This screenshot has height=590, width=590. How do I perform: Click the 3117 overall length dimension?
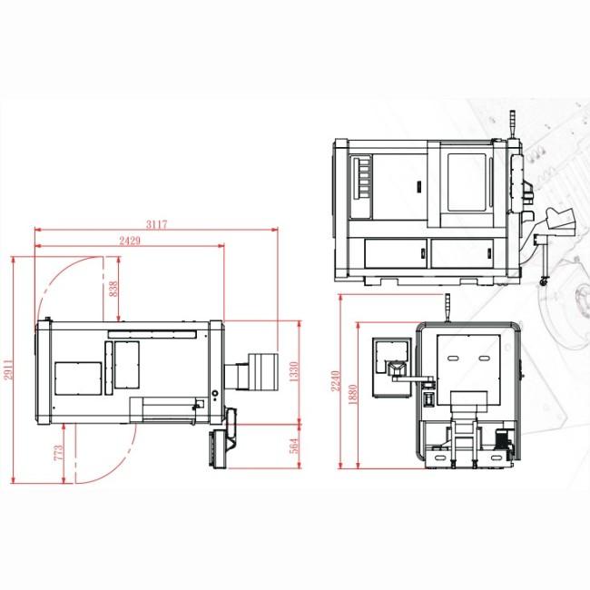pyautogui.click(x=157, y=224)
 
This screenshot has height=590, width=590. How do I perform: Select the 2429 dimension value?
pyautogui.click(x=129, y=240)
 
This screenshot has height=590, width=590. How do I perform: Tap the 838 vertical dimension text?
pyautogui.click(x=113, y=289)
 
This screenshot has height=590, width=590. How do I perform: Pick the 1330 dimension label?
pyautogui.click(x=292, y=370)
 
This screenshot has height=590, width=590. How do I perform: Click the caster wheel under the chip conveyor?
pyautogui.click(x=544, y=280)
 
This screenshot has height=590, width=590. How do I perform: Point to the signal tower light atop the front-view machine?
pyautogui.click(x=513, y=123)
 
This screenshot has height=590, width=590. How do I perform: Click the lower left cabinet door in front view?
pyautogui.click(x=396, y=253)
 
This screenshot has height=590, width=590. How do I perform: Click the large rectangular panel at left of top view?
pyautogui.click(x=77, y=378)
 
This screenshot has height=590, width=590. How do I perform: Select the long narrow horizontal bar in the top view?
pyautogui.click(x=152, y=335)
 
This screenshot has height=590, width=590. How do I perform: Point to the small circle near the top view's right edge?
pyautogui.click(x=214, y=394)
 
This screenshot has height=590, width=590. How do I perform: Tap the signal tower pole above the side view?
pyautogui.click(x=446, y=307)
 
